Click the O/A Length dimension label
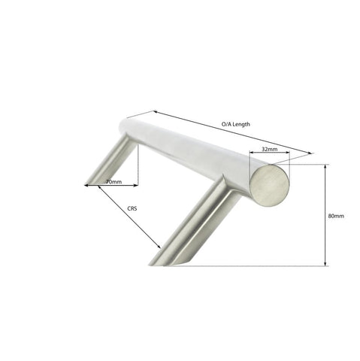[236, 123]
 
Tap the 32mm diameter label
[269, 150]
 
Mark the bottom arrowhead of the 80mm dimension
[325, 264]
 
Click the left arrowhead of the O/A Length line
[128, 117]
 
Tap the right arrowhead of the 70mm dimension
[137, 184]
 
